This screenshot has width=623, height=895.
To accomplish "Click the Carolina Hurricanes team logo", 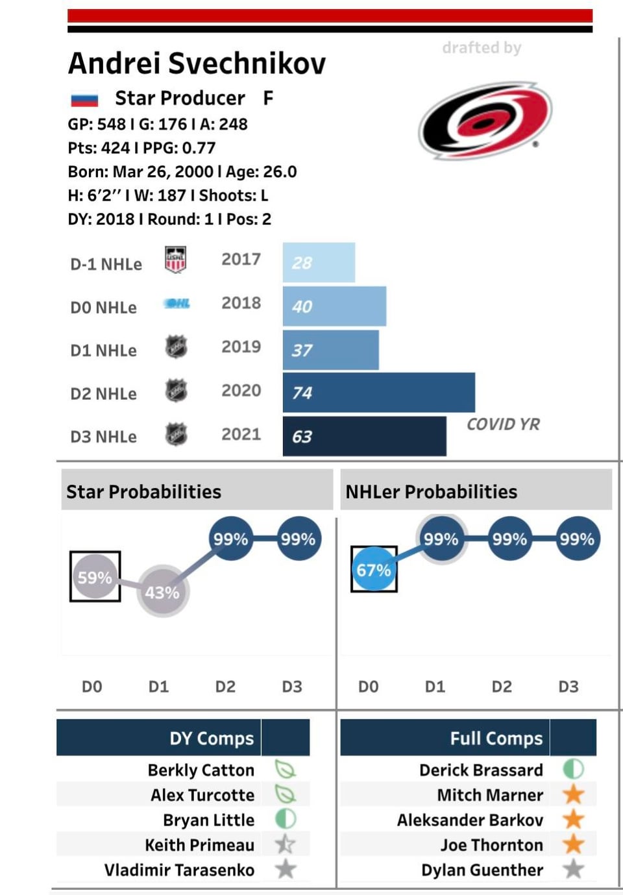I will tap(485, 121).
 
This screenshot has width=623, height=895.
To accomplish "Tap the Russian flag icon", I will tap(84, 99).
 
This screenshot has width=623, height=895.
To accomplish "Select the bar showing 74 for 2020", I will tap(378, 393).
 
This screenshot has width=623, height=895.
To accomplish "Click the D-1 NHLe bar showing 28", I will tap(319, 262).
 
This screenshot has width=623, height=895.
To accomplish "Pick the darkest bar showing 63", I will tap(364, 436).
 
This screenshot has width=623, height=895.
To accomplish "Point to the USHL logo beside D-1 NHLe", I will tap(175, 260).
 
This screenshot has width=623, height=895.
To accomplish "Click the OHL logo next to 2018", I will tap(177, 303).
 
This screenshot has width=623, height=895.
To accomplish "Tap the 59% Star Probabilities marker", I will tap(95, 577).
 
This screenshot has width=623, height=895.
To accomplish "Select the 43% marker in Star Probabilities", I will tap(162, 592).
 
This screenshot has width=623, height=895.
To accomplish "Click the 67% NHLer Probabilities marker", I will tap(374, 570).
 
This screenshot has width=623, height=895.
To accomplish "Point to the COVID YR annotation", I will tap(503, 424).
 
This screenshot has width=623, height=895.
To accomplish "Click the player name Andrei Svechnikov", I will tap(197, 64).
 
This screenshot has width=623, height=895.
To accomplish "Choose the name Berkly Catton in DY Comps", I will tap(201, 770).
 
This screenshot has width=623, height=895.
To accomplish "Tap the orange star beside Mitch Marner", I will tap(573, 794).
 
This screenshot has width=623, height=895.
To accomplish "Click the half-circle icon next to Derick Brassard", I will tap(573, 769).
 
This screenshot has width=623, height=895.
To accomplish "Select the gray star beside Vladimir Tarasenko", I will tap(286, 869).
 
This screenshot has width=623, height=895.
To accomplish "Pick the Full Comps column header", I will tap(496, 738).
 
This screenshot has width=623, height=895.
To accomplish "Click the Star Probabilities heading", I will tap(143, 491).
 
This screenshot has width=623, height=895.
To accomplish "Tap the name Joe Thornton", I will tap(491, 844).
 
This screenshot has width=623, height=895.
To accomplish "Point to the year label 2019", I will tap(241, 347).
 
